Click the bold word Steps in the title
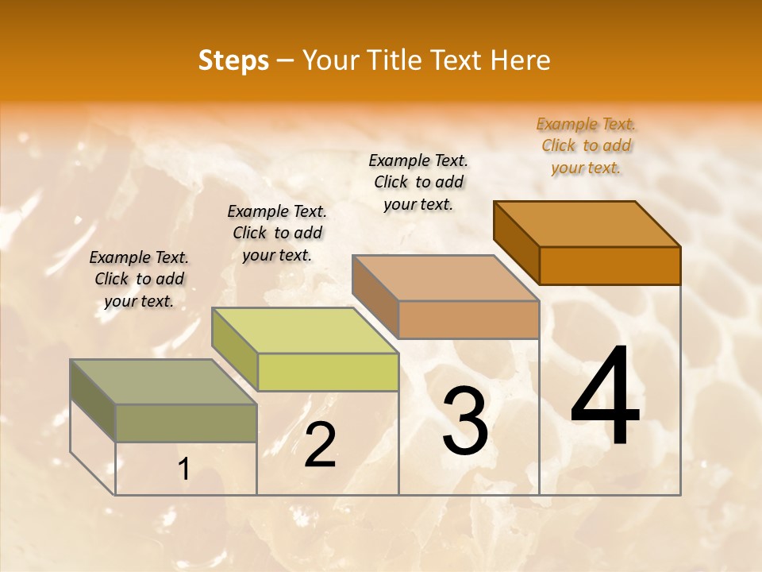(233, 60)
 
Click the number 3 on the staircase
(465, 421)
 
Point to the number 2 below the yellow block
(321, 445)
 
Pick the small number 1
(184, 470)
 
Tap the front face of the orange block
(610, 265)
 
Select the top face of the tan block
(446, 278)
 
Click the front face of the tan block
(468, 319)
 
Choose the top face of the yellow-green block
(306, 330)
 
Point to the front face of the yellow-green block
(328, 372)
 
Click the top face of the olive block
(164, 382)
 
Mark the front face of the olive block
(186, 423)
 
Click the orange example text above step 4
(586, 146)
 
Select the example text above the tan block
(418, 182)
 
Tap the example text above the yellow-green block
(277, 233)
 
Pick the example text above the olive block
(139, 279)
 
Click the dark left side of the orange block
(517, 242)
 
